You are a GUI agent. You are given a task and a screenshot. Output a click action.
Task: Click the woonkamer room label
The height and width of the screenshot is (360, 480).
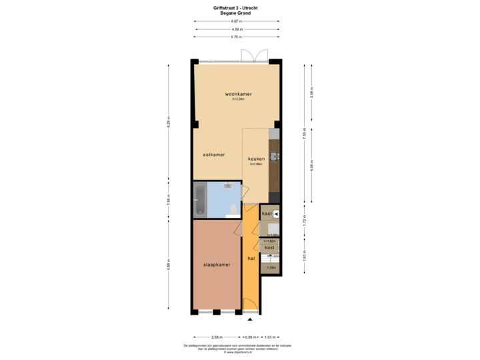[x=238, y=94]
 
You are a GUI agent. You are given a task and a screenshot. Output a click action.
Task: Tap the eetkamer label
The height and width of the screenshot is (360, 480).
[x=213, y=155]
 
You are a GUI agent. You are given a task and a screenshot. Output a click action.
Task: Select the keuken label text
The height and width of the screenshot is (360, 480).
[x=257, y=159]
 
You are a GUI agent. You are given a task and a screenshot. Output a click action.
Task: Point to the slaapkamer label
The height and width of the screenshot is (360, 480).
[x=217, y=265]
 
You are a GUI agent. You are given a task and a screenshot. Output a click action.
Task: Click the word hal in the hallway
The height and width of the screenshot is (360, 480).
[x=251, y=258]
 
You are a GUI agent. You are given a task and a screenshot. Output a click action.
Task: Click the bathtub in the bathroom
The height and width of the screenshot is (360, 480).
[x=200, y=200]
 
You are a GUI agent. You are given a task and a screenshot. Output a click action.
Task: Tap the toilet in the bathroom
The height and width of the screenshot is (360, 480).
[x=233, y=211]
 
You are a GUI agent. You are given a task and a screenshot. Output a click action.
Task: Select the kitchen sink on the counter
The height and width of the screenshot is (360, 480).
[x=275, y=157]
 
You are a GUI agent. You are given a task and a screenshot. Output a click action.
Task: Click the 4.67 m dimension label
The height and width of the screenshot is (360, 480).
[x=237, y=21]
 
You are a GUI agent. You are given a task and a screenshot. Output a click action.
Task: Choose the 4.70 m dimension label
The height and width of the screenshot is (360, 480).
[x=237, y=37]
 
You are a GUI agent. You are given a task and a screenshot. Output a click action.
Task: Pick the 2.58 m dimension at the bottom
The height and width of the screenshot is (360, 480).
[x=216, y=337]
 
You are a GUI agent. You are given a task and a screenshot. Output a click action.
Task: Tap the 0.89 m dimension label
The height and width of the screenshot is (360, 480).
[x=250, y=337]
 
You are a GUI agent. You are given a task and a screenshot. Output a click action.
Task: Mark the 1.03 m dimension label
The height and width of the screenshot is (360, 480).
[x=270, y=337]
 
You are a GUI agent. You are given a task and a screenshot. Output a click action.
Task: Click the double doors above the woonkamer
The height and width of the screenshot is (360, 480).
[x=254, y=55]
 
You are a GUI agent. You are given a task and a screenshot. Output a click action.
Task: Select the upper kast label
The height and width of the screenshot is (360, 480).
[x=267, y=213]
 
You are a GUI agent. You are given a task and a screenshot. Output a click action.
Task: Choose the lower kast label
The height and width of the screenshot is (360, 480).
[x=269, y=247]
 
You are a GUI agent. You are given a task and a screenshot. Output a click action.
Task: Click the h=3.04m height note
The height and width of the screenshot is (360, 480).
[x=238, y=100]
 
